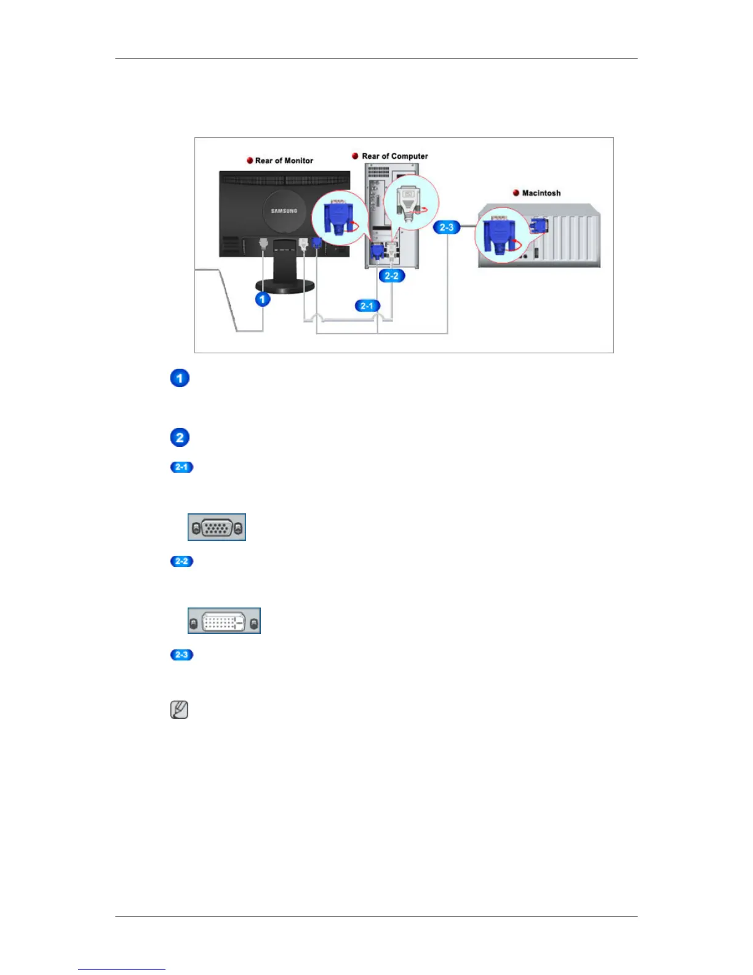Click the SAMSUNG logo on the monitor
[284, 211]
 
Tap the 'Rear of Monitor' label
[284, 161]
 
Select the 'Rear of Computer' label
[394, 156]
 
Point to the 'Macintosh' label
[541, 193]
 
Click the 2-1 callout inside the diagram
[367, 306]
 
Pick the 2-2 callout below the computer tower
[391, 276]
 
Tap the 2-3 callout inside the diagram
[446, 228]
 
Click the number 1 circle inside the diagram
[263, 299]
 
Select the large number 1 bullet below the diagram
[180, 378]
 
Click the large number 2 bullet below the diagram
[180, 438]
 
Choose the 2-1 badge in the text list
[181, 467]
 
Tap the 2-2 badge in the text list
[181, 561]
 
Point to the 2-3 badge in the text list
[181, 655]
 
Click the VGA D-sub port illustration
[217, 528]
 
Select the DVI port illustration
[224, 621]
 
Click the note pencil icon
[179, 710]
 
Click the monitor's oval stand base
[285, 286]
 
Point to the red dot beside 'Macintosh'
[516, 193]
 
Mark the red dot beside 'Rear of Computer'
[355, 156]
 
